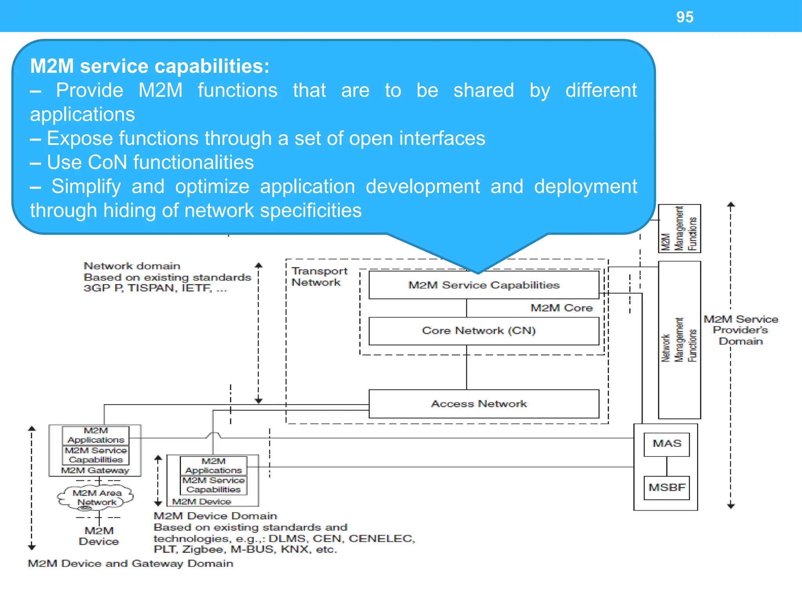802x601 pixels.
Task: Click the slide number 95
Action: [x=685, y=17]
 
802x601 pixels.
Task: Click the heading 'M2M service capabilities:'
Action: [x=150, y=66]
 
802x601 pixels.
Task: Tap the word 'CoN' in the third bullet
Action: [x=107, y=162]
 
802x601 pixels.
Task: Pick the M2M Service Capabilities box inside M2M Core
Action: [x=484, y=285]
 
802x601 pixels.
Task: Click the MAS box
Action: [x=667, y=444]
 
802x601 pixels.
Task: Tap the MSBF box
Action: [x=667, y=488]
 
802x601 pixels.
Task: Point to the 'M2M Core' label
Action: [x=561, y=308]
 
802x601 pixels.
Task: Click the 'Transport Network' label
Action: [x=319, y=277]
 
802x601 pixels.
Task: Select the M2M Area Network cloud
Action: [x=96, y=498]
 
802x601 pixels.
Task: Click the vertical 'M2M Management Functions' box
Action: [x=679, y=229]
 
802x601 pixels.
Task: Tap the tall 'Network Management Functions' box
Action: [x=679, y=340]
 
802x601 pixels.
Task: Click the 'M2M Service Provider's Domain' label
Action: [x=740, y=330]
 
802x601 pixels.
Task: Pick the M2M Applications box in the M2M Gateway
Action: [x=96, y=435]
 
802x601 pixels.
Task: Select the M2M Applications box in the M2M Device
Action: [x=213, y=466]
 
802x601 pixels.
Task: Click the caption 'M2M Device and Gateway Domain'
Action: [x=130, y=563]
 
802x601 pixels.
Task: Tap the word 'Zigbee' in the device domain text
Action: [x=202, y=549]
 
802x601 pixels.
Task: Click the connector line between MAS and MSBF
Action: [x=667, y=466]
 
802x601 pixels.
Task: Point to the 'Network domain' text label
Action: [x=132, y=266]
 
